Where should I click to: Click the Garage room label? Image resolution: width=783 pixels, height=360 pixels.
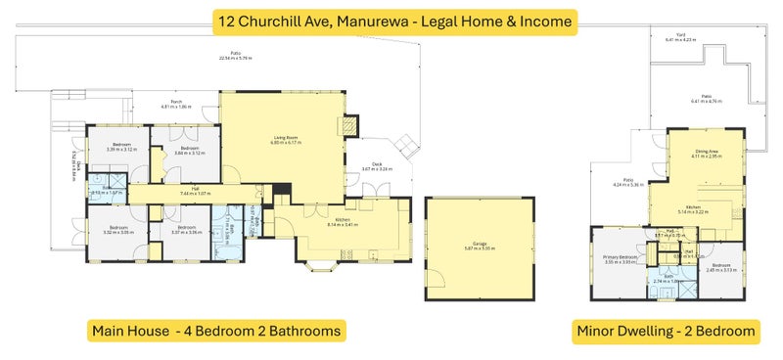(x=479, y=247)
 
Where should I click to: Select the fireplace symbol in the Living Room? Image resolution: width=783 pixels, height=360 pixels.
(x=345, y=125)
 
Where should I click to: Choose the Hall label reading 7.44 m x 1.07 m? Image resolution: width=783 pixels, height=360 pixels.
(x=195, y=192)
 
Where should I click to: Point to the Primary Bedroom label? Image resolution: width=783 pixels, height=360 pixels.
(x=621, y=258)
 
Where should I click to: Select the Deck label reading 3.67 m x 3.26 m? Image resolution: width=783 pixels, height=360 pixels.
(x=377, y=167)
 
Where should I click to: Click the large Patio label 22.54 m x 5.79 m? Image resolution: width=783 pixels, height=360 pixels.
(x=236, y=57)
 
